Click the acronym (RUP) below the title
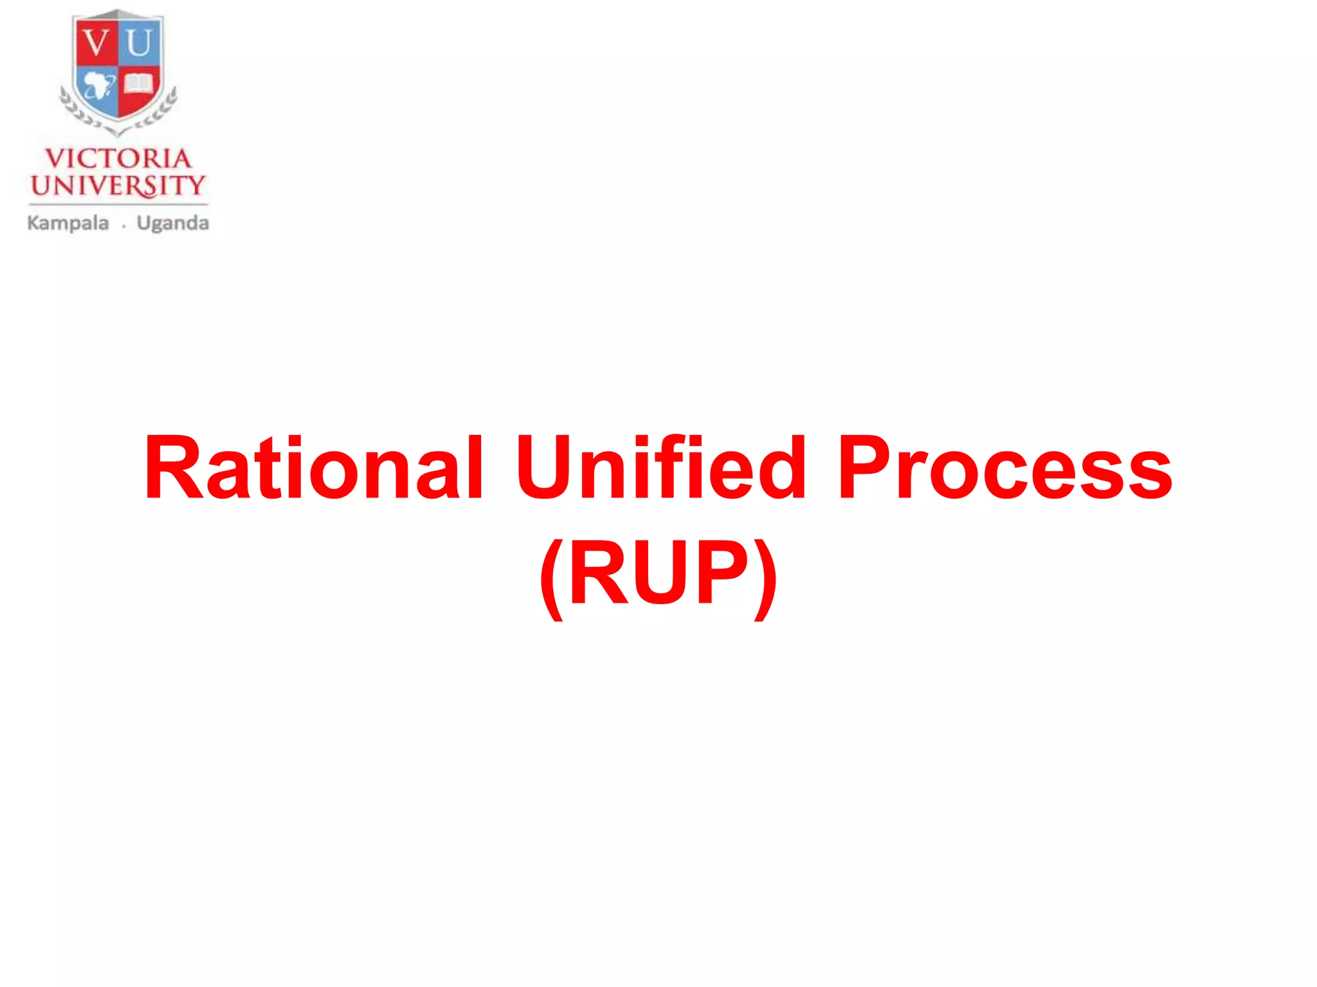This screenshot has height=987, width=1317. [658, 574]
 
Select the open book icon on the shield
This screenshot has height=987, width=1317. [138, 84]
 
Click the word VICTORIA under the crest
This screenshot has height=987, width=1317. [118, 159]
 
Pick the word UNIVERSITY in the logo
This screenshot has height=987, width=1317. [118, 186]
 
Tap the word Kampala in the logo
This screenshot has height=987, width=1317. [68, 224]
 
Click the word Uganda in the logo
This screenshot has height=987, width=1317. [173, 224]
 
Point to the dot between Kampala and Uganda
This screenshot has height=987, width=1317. [123, 226]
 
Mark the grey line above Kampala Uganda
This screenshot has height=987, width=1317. [118, 204]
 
